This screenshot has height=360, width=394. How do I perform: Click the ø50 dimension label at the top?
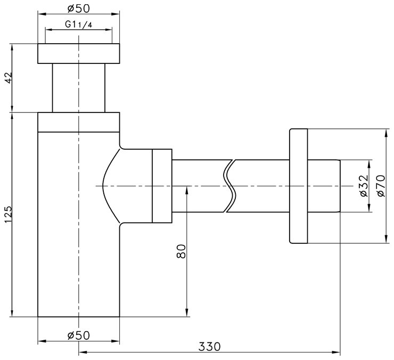coord(78,9)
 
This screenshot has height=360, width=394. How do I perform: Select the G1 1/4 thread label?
coord(78,24)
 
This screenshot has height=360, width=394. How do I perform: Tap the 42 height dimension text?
coord(9,78)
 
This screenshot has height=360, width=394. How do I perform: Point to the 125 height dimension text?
coord(9,215)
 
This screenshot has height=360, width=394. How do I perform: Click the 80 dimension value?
coord(181,251)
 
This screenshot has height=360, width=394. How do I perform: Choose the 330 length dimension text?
coord(209,347)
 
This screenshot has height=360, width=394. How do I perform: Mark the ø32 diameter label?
coord(364,186)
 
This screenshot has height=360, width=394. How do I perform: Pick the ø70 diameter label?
coord(381,186)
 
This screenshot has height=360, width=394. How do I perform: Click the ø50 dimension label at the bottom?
coord(78,336)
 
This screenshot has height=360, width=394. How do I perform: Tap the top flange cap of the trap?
coord(79,54)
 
